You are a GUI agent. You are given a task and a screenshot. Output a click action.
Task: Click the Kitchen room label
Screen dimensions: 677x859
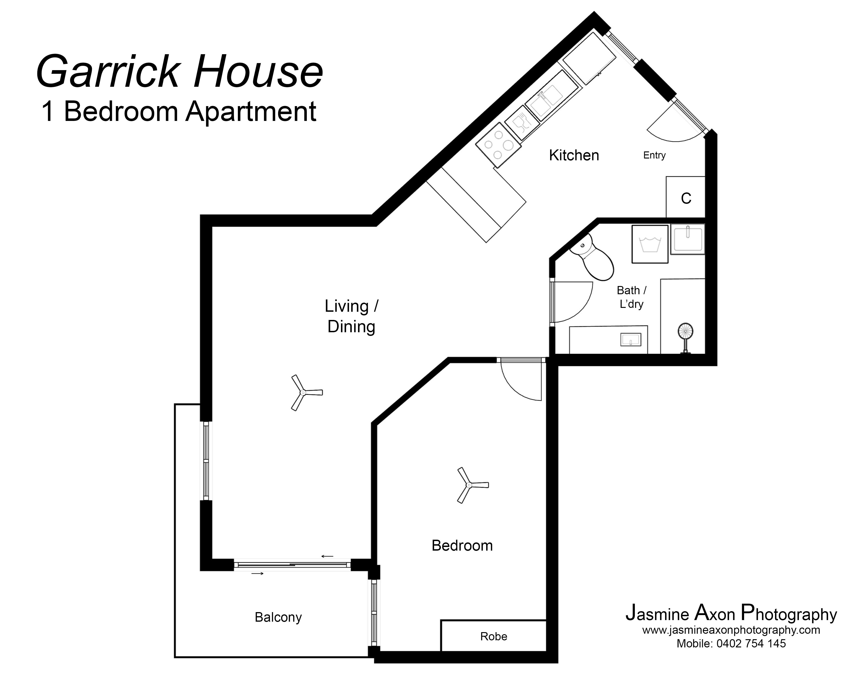pos(574,155)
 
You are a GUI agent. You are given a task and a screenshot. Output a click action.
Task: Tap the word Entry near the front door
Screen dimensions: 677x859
pos(654,155)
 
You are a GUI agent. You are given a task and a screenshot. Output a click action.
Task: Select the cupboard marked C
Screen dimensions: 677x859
pos(686,198)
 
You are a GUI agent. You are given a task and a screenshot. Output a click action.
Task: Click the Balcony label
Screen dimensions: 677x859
pos(278,617)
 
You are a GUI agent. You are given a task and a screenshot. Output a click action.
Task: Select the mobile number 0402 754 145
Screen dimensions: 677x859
pos(751,643)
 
